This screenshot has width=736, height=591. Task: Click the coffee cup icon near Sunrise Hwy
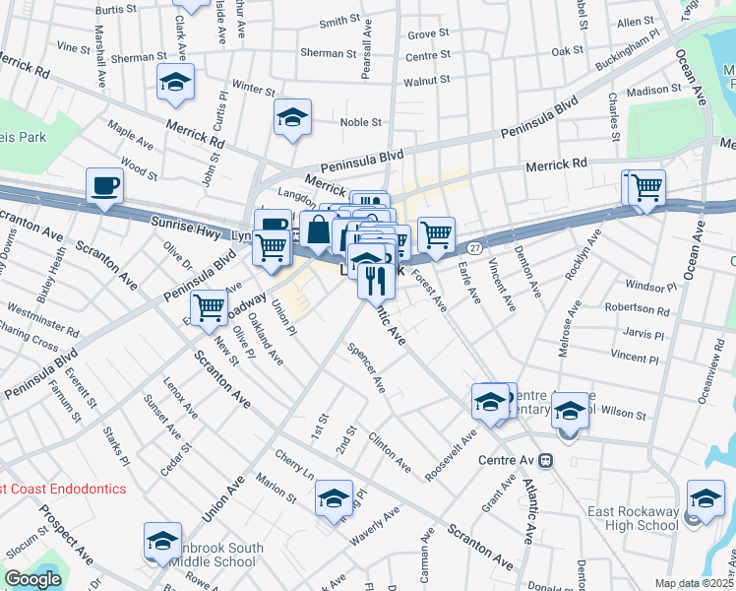coord(104,185)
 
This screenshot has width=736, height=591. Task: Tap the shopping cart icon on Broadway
coord(209,308)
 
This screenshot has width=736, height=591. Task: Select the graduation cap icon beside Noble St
coord(292,118)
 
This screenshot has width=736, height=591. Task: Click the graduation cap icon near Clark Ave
coord(175,82)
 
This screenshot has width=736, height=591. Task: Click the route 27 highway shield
coord(474,246)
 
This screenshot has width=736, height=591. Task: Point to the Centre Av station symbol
coord(544,460)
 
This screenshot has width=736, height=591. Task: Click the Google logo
coord(32,579)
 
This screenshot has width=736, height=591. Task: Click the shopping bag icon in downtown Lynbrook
coord(318,231)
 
